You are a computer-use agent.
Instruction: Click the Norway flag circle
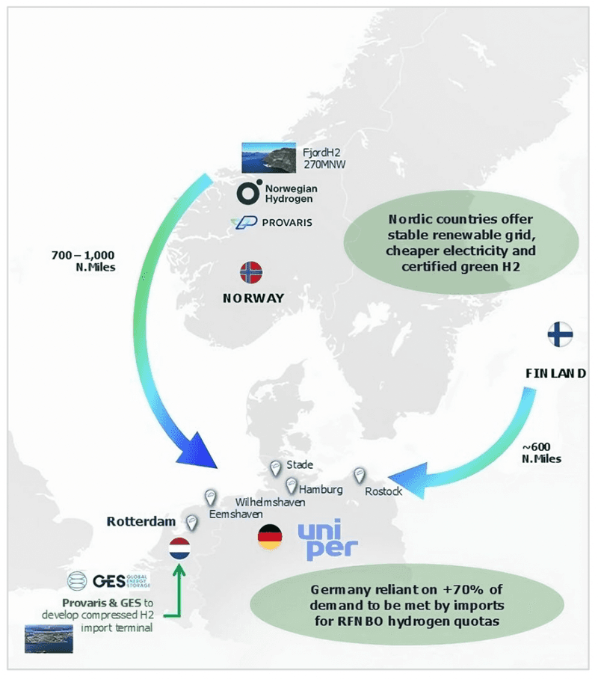click(251, 272)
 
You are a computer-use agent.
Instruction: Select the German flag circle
click(270, 537)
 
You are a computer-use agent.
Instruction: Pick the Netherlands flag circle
click(180, 548)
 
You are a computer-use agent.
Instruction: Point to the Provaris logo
click(271, 223)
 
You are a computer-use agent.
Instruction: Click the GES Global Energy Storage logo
click(108, 580)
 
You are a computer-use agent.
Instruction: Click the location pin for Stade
click(275, 467)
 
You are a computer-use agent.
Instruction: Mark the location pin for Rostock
click(359, 475)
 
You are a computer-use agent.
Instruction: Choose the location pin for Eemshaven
click(211, 497)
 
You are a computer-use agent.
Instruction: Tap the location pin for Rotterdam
click(192, 521)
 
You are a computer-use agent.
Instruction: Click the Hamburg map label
click(321, 490)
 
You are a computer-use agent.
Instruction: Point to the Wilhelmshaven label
click(270, 502)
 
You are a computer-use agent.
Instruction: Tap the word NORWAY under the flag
click(253, 298)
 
